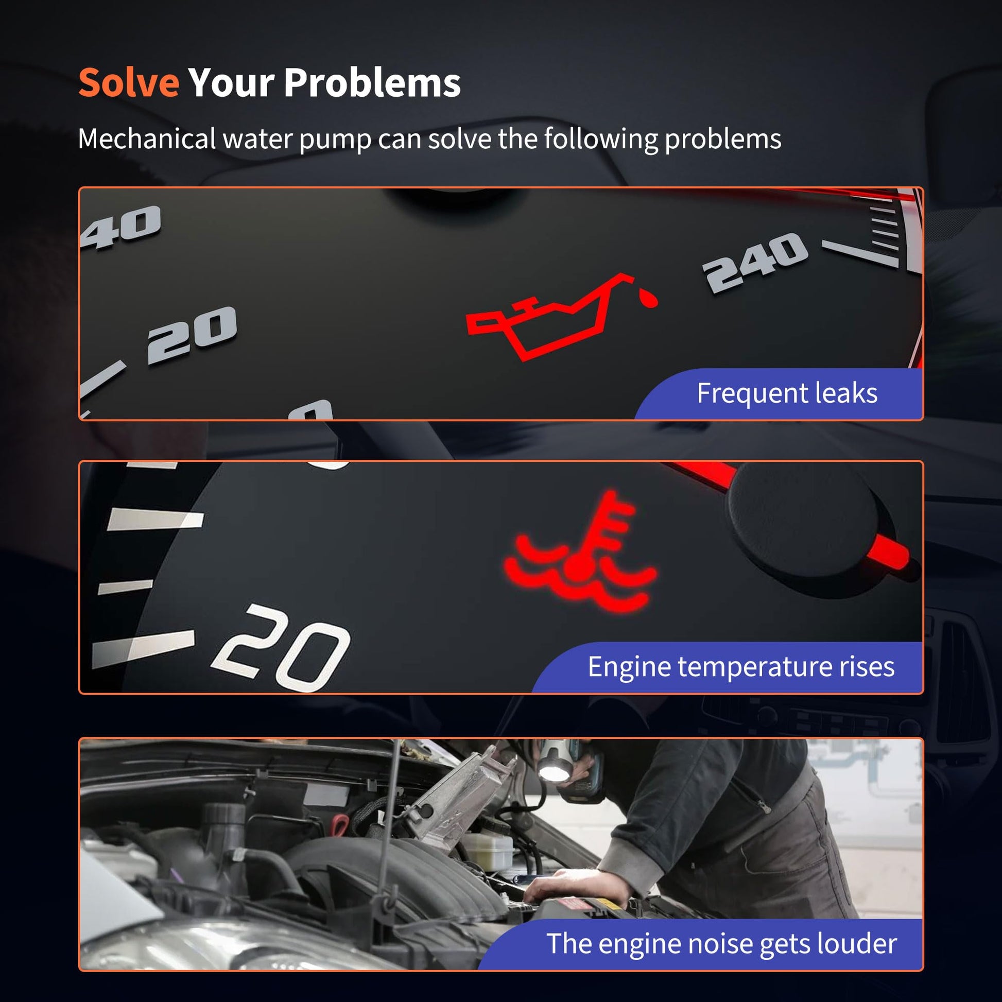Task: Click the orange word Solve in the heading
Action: (x=129, y=82)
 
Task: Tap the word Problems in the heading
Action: (x=372, y=82)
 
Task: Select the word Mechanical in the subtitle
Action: (x=147, y=139)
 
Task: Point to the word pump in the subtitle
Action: (x=335, y=141)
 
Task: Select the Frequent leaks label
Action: (x=787, y=392)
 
